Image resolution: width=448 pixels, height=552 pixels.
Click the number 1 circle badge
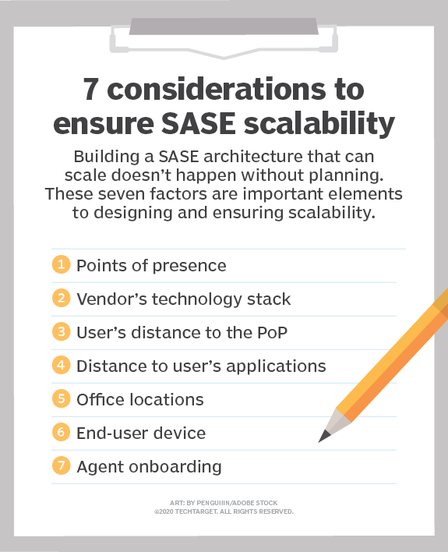(61, 265)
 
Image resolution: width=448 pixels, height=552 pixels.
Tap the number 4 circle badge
(61, 366)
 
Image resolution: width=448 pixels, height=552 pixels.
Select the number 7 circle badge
(61, 467)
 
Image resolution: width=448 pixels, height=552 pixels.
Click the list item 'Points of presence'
(151, 265)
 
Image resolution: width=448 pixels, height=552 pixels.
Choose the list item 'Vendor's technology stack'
(183, 299)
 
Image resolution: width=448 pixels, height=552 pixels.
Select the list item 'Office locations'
(139, 400)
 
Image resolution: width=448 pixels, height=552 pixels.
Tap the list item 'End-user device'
(140, 433)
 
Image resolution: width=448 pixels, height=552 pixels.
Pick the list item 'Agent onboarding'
(149, 467)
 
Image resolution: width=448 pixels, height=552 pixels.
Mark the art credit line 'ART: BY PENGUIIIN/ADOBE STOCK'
(224, 503)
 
